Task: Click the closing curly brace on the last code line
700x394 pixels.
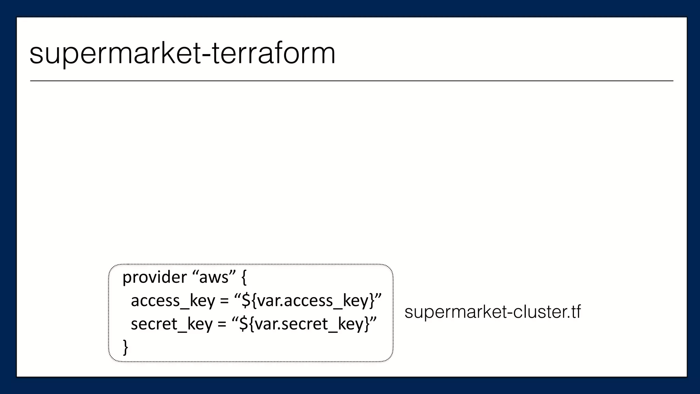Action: pos(125,347)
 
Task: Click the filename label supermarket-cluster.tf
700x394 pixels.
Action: pos(493,312)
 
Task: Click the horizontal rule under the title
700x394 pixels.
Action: pos(351,81)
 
